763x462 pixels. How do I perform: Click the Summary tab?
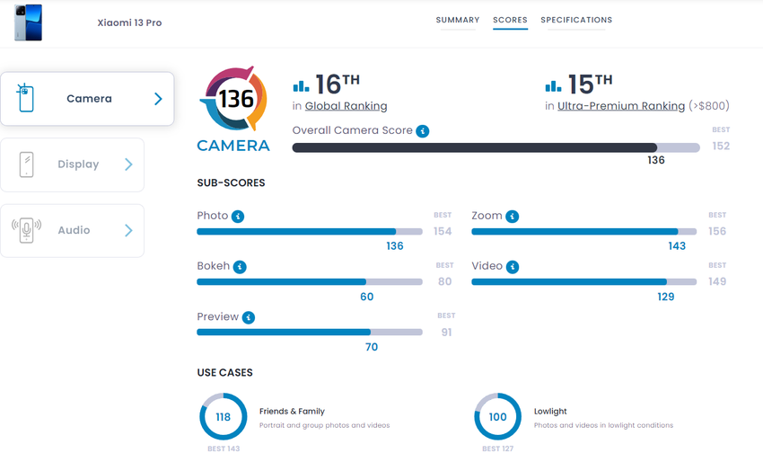click(458, 20)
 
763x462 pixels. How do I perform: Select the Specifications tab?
click(576, 20)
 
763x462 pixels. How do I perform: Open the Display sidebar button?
click(72, 164)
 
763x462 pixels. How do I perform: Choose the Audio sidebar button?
click(72, 230)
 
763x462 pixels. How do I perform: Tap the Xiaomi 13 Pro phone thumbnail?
click(28, 22)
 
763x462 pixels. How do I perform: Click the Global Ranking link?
click(346, 106)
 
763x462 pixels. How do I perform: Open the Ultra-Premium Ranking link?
click(620, 106)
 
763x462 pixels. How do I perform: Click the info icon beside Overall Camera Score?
click(423, 131)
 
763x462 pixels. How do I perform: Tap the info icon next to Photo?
click(238, 217)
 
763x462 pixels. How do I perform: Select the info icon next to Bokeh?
click(240, 267)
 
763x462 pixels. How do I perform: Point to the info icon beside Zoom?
click(512, 217)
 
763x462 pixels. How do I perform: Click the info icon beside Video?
click(512, 267)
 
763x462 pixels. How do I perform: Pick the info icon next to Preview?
click(249, 317)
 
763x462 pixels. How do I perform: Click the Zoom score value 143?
click(677, 246)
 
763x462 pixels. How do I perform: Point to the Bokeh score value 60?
click(366, 297)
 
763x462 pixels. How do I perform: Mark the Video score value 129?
click(665, 297)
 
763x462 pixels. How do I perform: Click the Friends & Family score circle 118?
click(223, 417)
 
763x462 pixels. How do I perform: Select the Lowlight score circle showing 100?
click(497, 417)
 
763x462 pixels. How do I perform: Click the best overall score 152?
click(721, 146)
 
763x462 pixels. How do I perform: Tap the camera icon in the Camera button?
click(25, 98)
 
